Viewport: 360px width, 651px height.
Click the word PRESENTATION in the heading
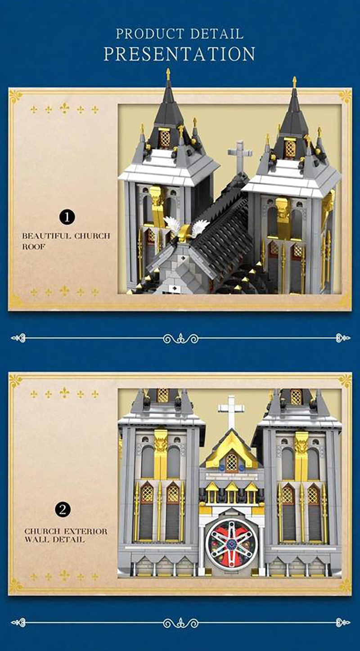(180, 54)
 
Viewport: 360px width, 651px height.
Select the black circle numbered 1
(67, 217)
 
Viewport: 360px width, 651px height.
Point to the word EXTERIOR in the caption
(85, 532)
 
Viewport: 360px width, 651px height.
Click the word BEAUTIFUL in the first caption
(46, 236)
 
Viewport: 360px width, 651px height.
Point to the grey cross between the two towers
(239, 156)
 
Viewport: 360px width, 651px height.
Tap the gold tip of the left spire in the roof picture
(168, 74)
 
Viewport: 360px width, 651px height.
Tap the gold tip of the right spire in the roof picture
(295, 82)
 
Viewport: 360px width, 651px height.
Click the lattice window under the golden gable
(231, 462)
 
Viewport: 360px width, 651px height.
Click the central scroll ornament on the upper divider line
(180, 338)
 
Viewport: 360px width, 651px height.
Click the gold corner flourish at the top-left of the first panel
(16, 96)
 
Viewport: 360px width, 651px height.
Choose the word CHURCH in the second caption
(43, 532)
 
